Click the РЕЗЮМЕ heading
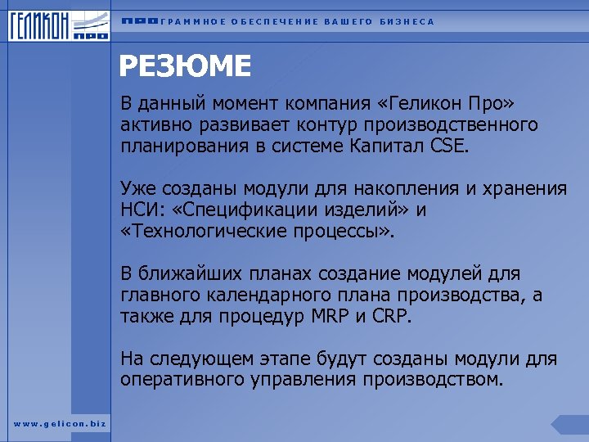point(186,65)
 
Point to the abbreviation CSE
point(449,147)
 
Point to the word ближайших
point(192,274)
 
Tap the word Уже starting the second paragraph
point(137,189)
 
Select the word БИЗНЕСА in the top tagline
point(407,21)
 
